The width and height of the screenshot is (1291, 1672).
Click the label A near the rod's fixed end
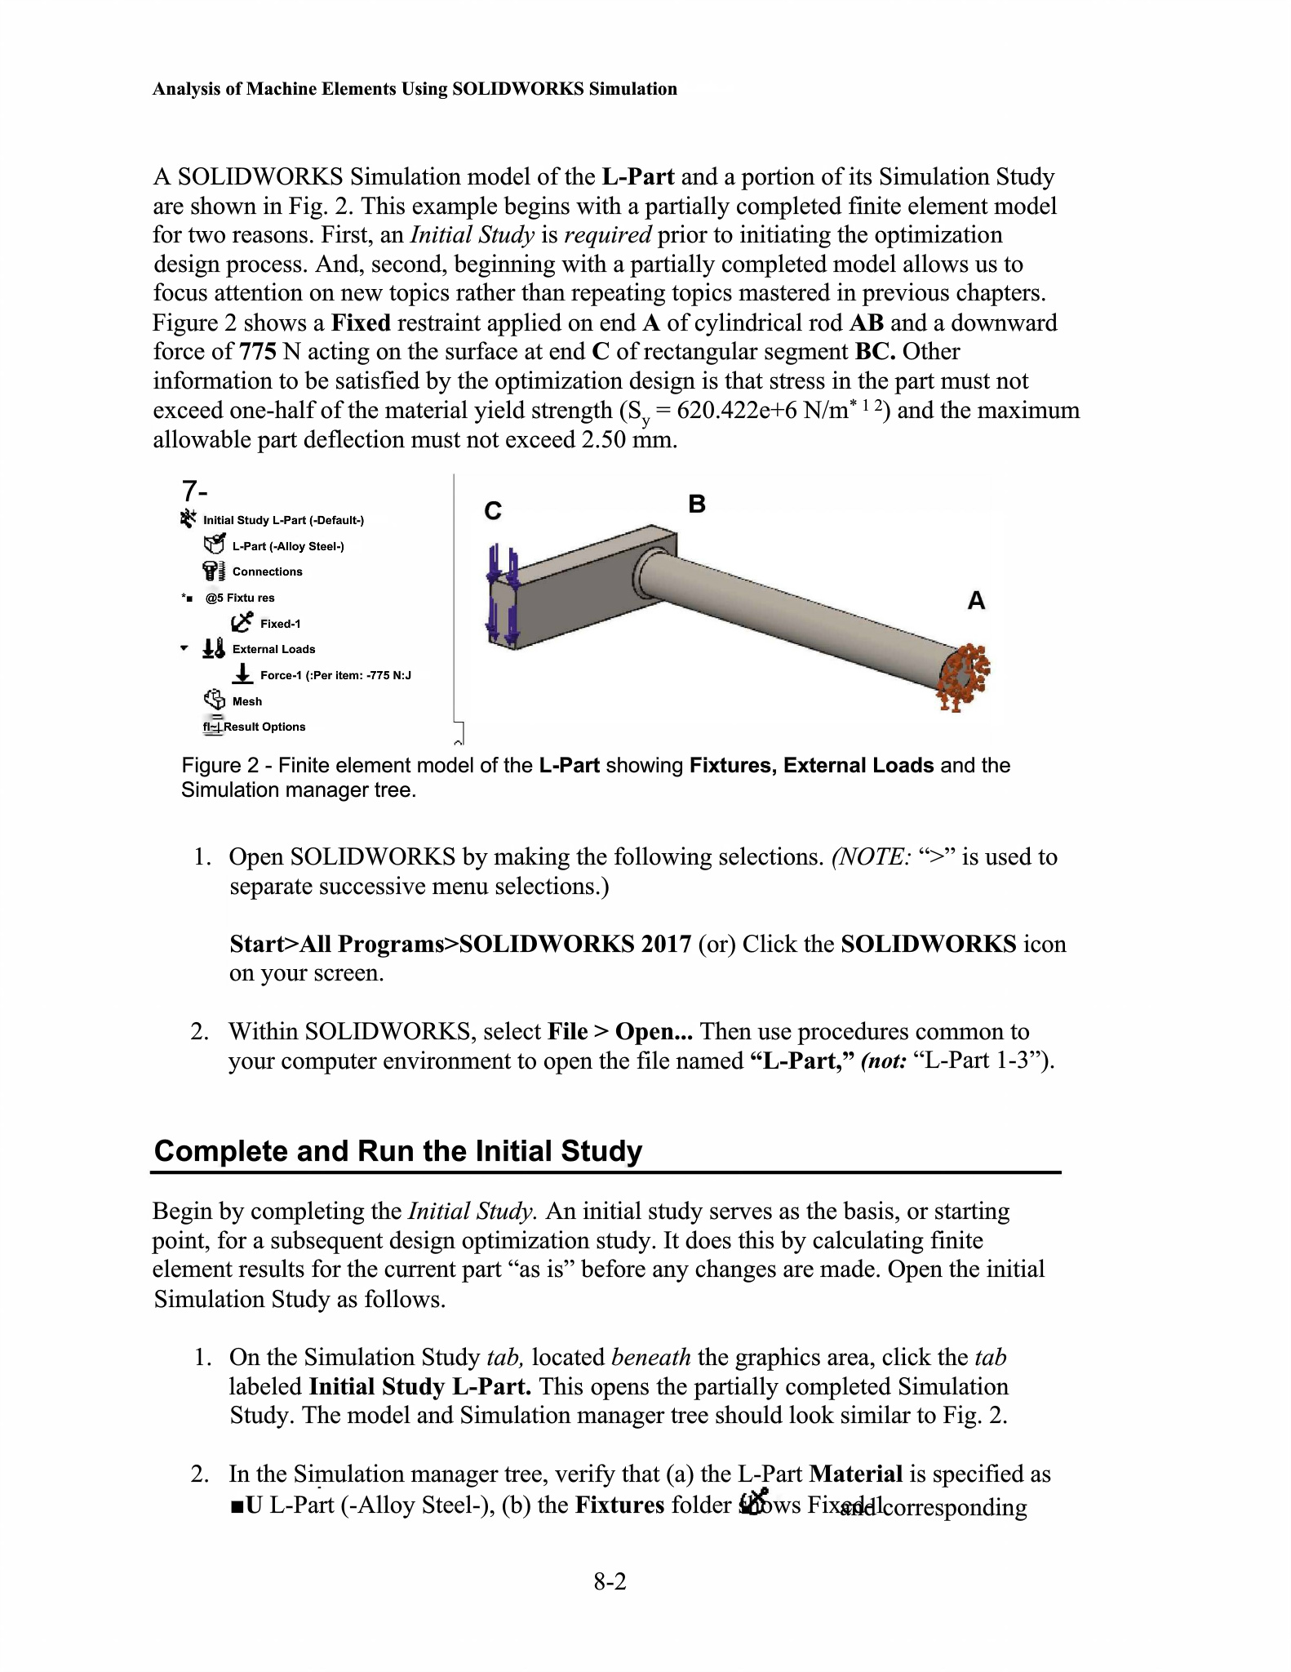(x=976, y=601)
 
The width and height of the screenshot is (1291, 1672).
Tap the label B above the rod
(x=696, y=504)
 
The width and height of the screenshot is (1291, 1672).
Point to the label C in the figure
(x=493, y=511)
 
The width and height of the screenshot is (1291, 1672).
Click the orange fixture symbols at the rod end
(x=964, y=674)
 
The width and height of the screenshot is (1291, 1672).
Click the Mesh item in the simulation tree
(x=246, y=701)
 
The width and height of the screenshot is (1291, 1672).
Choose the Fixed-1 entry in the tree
(x=280, y=624)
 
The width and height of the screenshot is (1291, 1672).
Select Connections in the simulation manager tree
(x=267, y=571)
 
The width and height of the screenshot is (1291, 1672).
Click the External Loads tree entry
(x=273, y=649)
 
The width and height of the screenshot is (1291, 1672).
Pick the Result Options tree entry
(x=264, y=727)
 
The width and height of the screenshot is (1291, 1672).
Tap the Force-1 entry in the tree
(x=335, y=675)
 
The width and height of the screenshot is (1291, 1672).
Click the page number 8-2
(x=610, y=1582)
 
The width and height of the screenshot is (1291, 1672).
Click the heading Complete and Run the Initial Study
(x=398, y=1151)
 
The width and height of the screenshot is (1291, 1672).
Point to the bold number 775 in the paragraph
(x=258, y=352)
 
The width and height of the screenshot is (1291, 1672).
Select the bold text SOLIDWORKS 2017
(x=575, y=944)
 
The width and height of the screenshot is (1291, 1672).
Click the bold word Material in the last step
(x=855, y=1474)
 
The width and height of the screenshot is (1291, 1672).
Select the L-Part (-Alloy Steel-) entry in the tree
(x=287, y=546)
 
